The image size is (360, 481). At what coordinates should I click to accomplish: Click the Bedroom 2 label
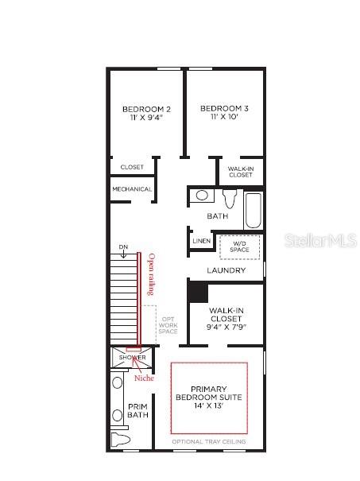click(146, 109)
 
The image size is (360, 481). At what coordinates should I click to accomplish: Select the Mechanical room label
click(132, 189)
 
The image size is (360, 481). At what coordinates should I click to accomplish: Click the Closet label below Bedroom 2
click(132, 167)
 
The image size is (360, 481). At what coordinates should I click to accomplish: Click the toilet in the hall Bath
click(230, 197)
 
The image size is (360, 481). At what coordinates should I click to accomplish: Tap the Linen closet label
click(202, 240)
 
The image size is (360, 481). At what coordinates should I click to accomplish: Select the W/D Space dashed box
click(240, 246)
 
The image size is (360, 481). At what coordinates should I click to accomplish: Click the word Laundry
click(226, 270)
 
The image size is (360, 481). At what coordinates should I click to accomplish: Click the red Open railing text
click(149, 274)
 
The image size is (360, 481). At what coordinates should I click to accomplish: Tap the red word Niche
click(144, 378)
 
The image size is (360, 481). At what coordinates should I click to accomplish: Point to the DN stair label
click(123, 247)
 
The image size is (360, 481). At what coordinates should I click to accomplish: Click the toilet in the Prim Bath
click(119, 440)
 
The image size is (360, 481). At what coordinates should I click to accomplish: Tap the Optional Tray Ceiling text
click(209, 441)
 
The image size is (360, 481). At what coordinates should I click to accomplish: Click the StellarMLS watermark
click(316, 240)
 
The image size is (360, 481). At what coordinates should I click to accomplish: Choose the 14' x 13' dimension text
click(209, 405)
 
